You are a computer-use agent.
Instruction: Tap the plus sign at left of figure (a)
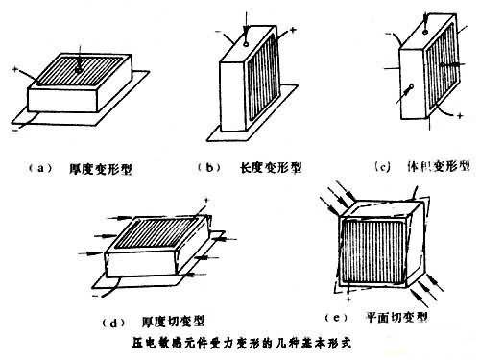16,71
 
